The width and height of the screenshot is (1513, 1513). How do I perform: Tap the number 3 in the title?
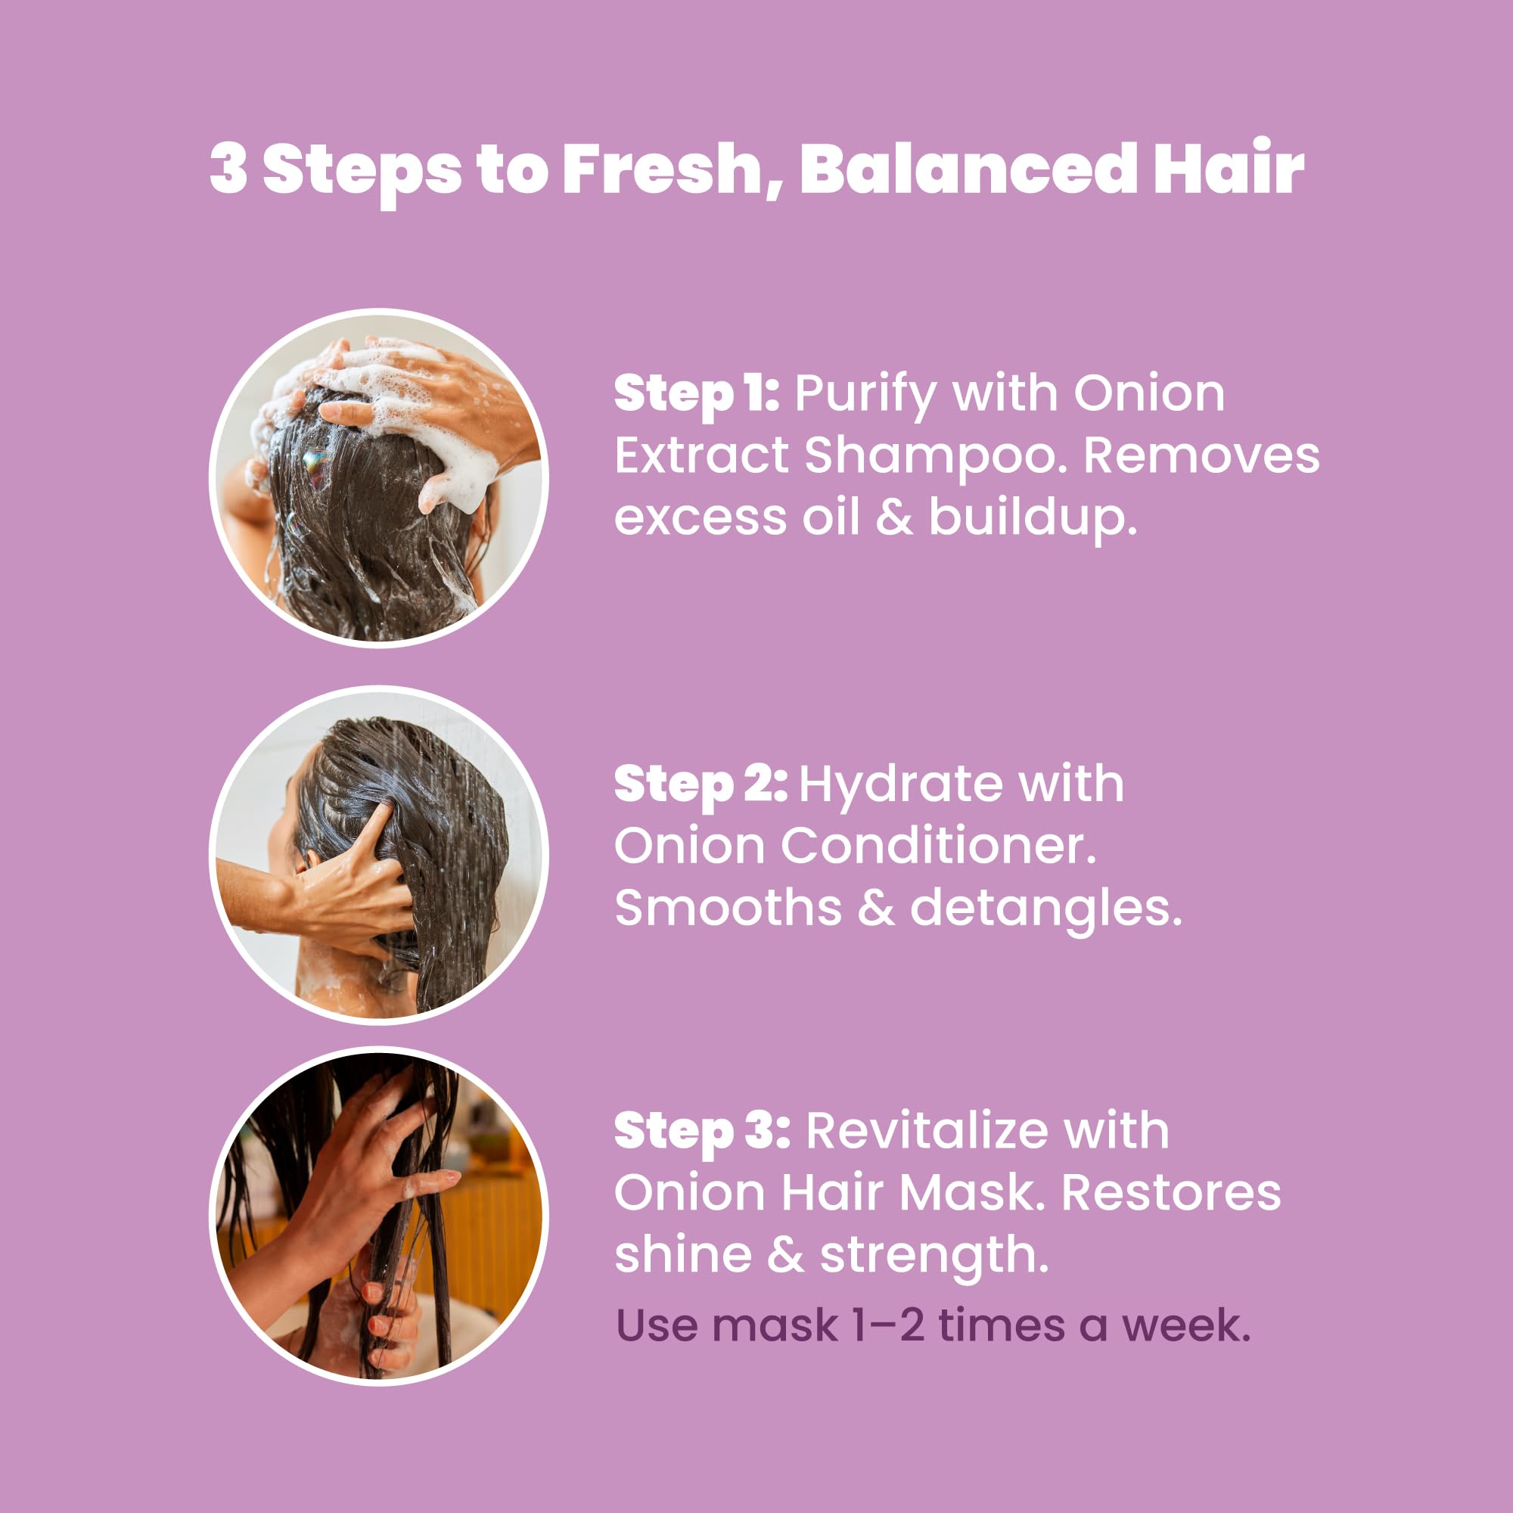point(228,170)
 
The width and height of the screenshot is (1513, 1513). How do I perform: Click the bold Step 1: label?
point(696,394)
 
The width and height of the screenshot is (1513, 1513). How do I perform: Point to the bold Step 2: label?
point(700,784)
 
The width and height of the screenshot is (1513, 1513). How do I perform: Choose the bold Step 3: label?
point(702,1132)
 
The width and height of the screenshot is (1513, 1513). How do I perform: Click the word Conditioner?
point(937,847)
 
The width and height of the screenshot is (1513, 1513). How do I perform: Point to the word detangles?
point(1045,909)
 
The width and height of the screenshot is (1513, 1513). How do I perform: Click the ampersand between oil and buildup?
point(893,518)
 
